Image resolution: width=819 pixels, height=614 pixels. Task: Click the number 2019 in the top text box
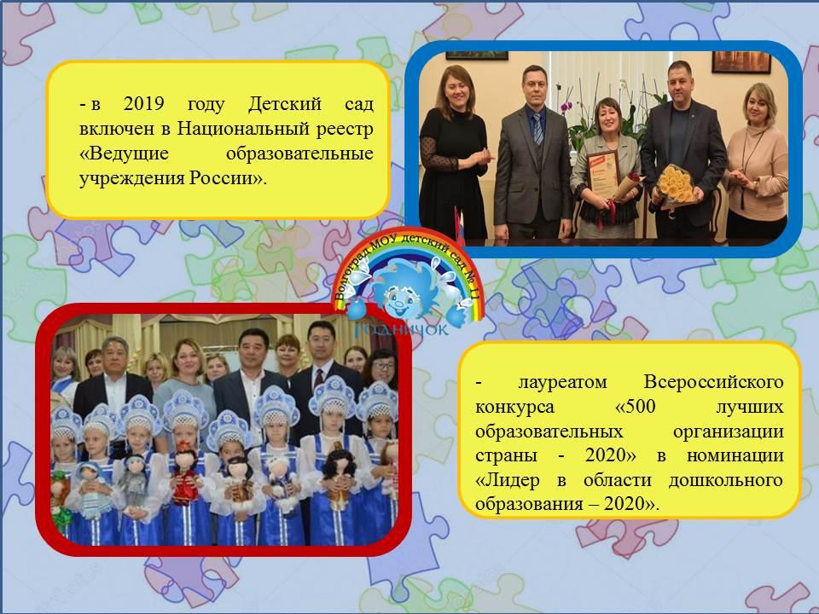coord(143,103)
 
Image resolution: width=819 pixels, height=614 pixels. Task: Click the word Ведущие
coord(129,153)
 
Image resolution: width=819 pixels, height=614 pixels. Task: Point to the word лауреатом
coord(562,382)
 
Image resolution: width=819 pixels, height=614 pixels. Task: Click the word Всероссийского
coord(713,382)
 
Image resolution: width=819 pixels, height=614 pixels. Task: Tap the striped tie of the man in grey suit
coord(537,129)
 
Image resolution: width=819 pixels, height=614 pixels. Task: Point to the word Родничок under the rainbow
coord(401,329)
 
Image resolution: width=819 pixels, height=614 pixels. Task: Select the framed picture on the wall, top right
coord(741,62)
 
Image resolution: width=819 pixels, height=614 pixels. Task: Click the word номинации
coord(735,455)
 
